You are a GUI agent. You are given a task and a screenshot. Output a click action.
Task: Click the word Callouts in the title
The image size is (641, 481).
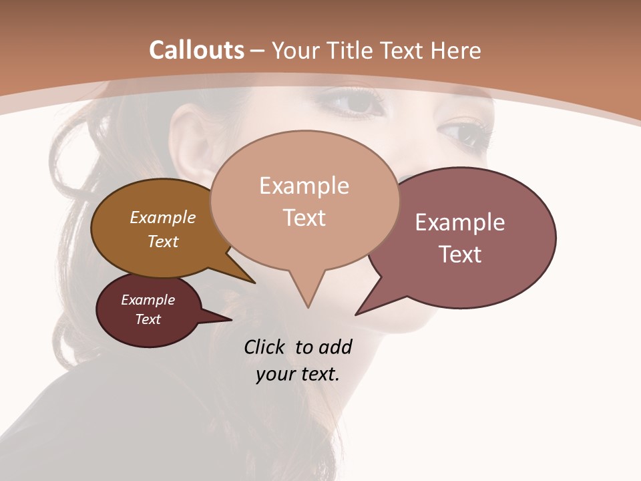coord(196,50)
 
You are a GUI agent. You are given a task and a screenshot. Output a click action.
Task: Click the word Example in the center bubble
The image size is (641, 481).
coord(304,186)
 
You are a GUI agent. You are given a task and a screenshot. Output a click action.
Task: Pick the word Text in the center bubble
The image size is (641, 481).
coord(304,218)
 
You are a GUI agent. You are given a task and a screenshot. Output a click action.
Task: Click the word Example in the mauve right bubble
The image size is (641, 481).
coord(460,222)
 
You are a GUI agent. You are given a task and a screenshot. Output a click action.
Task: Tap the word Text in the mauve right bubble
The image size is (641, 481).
coord(460,255)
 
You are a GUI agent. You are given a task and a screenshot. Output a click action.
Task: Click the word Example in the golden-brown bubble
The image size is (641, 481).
coord(163,217)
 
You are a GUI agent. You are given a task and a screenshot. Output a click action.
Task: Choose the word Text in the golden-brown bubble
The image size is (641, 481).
coord(163,241)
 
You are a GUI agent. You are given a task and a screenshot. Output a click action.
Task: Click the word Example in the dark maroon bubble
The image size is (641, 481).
coord(148,300)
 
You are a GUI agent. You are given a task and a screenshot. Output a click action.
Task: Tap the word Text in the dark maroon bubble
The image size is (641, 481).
coord(148,319)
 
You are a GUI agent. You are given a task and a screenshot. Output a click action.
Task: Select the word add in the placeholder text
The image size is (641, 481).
coord(335,347)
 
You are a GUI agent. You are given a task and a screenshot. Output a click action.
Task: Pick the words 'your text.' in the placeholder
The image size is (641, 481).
coord(298,374)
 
